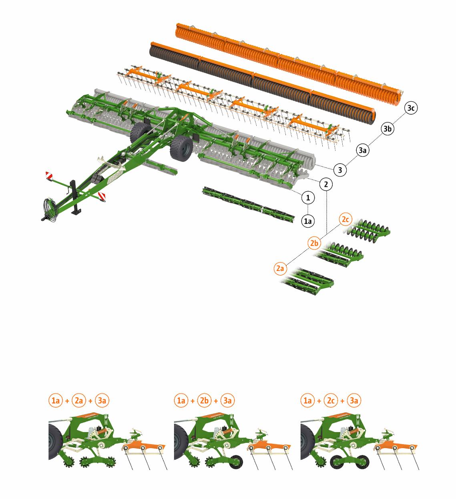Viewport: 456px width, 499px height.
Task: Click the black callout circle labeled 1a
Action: (x=307, y=221)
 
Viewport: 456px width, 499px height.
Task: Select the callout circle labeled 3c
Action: (x=411, y=108)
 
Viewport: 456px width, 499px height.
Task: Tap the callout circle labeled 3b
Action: (x=388, y=129)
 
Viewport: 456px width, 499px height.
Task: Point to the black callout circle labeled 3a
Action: (x=363, y=150)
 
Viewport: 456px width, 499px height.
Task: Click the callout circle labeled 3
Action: (x=340, y=170)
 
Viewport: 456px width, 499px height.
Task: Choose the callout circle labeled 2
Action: (x=326, y=184)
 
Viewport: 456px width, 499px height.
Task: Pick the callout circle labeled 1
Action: (x=308, y=198)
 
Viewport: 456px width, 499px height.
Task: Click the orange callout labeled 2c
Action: (x=346, y=219)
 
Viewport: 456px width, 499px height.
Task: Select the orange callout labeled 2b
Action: (x=314, y=243)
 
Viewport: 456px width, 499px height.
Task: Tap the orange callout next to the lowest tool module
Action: (x=280, y=269)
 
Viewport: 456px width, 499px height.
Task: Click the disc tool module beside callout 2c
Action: (x=368, y=230)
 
